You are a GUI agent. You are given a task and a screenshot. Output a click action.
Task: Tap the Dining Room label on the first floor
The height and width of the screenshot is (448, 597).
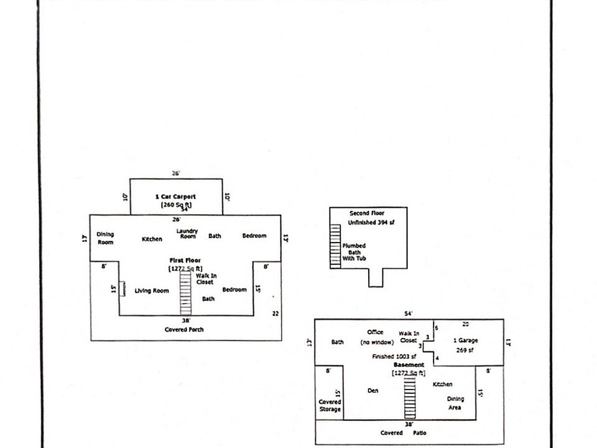click(x=106, y=238)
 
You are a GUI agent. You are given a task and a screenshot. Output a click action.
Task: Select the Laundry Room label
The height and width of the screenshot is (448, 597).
click(x=187, y=233)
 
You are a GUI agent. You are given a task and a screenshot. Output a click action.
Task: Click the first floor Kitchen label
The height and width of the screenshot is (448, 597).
click(x=152, y=239)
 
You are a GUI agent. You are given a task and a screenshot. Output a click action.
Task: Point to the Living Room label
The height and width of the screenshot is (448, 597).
click(x=152, y=291)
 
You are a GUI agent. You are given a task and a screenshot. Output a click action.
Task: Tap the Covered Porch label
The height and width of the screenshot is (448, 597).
click(x=184, y=329)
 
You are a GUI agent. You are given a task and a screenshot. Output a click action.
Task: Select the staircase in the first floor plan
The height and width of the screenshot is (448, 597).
click(x=185, y=292)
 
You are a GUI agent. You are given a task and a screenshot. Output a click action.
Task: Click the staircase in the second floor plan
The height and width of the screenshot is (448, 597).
click(x=336, y=246)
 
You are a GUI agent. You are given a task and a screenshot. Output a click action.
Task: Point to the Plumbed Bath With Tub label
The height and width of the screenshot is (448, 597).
click(x=354, y=251)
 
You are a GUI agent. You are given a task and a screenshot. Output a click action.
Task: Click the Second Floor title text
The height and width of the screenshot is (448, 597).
click(x=367, y=213)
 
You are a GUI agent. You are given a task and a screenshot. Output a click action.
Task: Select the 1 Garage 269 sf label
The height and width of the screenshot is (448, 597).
click(x=466, y=345)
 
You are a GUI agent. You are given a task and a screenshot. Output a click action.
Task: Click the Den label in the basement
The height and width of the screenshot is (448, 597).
click(x=373, y=391)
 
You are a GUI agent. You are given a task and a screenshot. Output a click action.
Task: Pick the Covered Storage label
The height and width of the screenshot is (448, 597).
click(x=330, y=405)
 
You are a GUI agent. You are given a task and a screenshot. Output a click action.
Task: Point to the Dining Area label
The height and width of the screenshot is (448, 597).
click(x=455, y=403)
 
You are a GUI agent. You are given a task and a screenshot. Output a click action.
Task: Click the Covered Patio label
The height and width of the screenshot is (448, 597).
click(x=404, y=432)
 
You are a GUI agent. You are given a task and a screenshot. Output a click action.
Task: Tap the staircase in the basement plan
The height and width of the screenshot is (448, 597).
click(x=409, y=397)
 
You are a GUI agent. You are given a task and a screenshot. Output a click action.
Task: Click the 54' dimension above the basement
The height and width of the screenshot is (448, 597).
click(x=409, y=314)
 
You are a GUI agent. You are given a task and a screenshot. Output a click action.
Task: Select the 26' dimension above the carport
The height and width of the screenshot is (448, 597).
click(x=176, y=174)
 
